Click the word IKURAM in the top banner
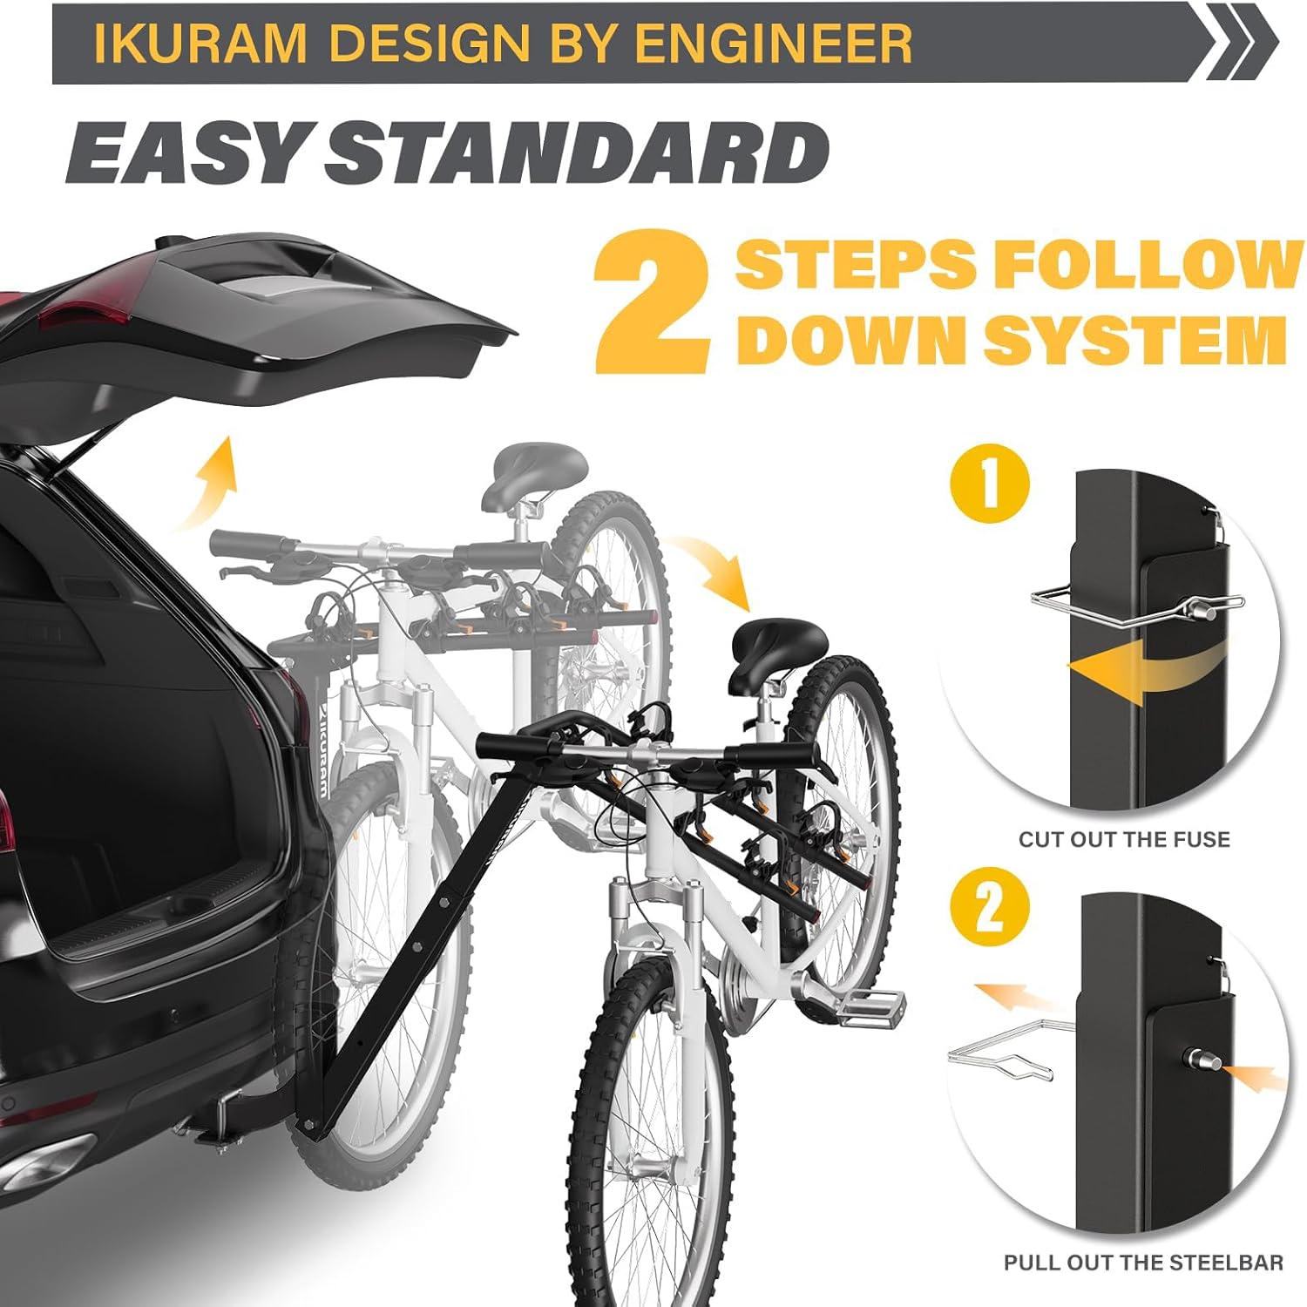[x=200, y=43]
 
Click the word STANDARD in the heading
[x=576, y=152]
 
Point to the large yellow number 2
[x=652, y=302]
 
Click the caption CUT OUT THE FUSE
[x=1124, y=839]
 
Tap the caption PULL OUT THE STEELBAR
[x=1143, y=1263]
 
